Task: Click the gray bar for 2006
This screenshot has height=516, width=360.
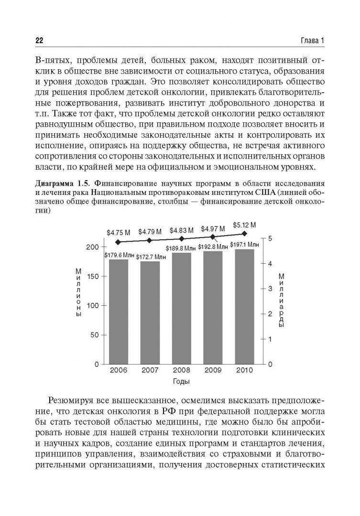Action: coord(118,312)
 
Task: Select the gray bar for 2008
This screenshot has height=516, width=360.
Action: coord(181,308)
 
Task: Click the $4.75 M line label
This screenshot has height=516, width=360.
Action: coord(118,233)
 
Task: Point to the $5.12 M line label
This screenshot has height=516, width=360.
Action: coord(245,225)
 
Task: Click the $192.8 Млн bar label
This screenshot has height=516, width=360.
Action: coord(213,247)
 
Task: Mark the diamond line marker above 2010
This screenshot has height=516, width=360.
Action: coord(245,234)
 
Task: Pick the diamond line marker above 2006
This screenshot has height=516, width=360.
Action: coord(118,242)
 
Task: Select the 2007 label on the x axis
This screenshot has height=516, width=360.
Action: coord(150,370)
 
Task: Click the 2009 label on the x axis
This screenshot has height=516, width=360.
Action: coord(213,370)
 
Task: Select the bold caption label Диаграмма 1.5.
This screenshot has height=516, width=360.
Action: coord(65,183)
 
